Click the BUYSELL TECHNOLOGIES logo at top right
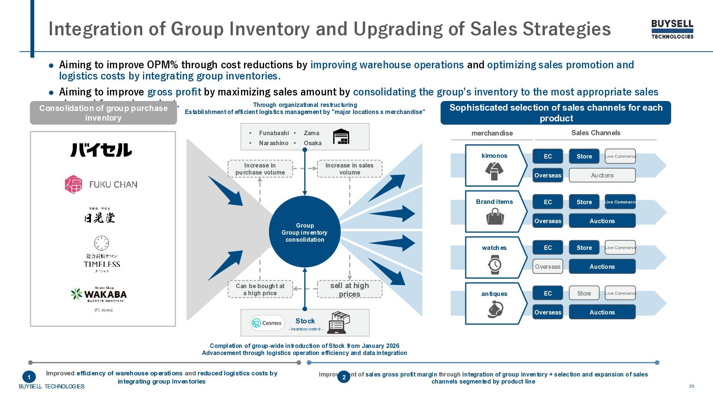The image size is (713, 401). coord(672,29)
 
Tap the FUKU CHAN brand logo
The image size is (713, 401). coord(101,185)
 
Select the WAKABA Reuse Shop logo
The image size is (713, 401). coord(99,294)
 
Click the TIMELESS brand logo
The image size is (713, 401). coord(102,254)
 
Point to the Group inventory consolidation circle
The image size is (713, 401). coord(305,232)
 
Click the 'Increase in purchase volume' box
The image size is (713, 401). coord(260,169)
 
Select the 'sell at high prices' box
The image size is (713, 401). coord(349,289)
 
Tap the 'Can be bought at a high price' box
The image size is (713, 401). coord(260,289)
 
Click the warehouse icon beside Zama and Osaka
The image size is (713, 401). coord(341,137)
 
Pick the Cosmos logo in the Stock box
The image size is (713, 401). coord(267,323)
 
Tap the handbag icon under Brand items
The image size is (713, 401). coord(495,216)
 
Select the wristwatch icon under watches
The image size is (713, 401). coord(495,264)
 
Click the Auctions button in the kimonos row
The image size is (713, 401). coord(602,175)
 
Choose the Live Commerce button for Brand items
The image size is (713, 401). coord(620,202)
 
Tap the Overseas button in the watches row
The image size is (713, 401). coord(548,267)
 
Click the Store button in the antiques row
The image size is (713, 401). coord(584,293)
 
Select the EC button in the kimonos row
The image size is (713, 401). coord(548,156)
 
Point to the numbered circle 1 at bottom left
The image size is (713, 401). coord(29,377)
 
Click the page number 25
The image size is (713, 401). coord(691,386)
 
